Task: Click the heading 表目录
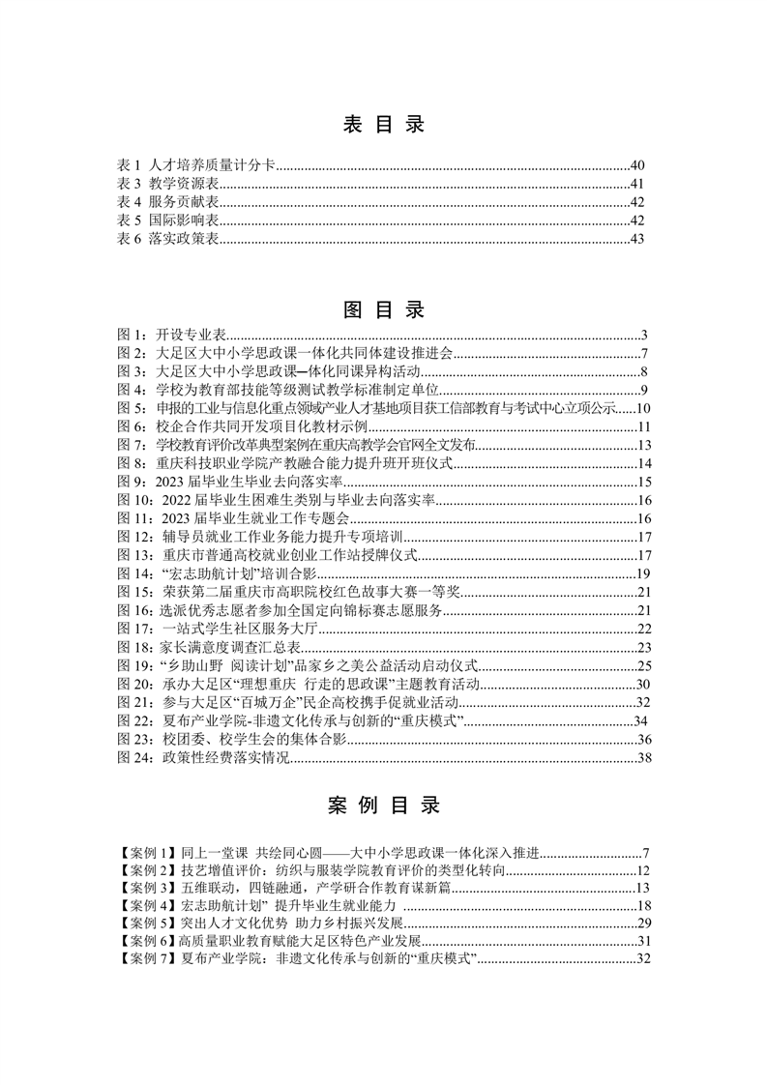pyautogui.click(x=383, y=125)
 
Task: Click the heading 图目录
pyautogui.click(x=383, y=310)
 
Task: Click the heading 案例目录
pyautogui.click(x=383, y=805)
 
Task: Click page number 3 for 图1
pyautogui.click(x=643, y=336)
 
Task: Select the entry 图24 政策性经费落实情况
pyautogui.click(x=203, y=757)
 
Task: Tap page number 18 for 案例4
pyautogui.click(x=643, y=907)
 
